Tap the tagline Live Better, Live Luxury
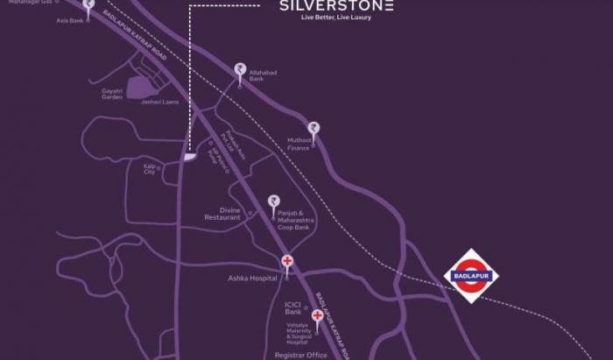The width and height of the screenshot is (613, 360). [x=335, y=18]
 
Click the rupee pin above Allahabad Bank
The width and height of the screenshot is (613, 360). [x=239, y=69]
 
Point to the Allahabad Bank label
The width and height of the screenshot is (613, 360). [x=264, y=76]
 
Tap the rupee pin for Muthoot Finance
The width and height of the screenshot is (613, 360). [x=314, y=129]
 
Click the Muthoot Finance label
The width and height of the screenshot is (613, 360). [x=300, y=143]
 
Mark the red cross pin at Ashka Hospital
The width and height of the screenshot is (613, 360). [x=286, y=262]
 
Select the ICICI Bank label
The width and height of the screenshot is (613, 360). [x=293, y=308]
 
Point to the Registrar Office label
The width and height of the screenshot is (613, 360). [x=300, y=355]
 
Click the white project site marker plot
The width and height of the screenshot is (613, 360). [x=190, y=157]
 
